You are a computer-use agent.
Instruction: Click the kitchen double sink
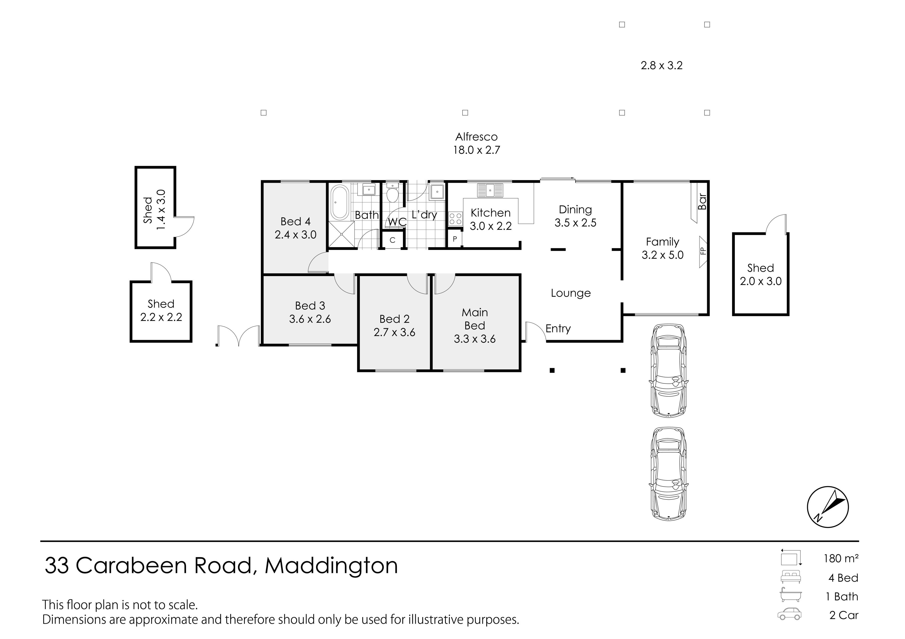point(490,190)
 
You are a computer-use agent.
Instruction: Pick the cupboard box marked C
point(393,240)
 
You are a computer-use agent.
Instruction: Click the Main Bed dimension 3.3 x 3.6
point(475,339)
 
